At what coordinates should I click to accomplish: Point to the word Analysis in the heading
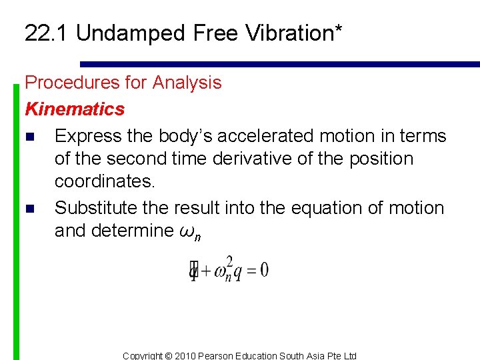187,83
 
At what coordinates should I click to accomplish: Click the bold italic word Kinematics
75,109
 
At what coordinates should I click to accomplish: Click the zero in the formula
265,270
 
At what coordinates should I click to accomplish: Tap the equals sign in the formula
251,270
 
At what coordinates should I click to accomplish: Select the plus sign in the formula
206,270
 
